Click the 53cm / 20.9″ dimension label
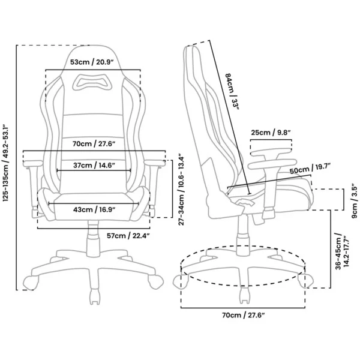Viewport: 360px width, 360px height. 92,62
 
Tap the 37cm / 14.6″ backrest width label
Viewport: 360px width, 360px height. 94,165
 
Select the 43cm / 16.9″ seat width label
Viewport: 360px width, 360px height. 94,209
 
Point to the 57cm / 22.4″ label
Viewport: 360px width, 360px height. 128,236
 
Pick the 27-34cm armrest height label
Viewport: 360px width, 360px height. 181,190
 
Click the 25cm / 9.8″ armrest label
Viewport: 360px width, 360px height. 271,133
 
